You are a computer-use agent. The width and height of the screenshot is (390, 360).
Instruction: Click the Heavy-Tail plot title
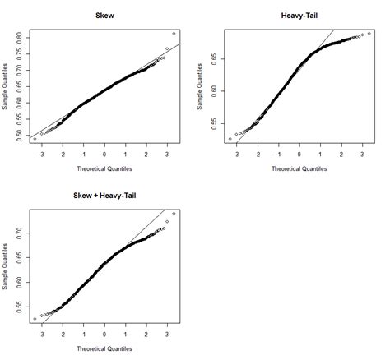click(x=299, y=16)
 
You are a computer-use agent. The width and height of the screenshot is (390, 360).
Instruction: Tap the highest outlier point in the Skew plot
click(x=174, y=34)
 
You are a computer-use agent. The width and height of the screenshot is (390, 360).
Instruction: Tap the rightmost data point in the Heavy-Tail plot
click(x=369, y=34)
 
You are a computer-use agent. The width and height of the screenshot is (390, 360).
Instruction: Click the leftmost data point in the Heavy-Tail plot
click(x=231, y=139)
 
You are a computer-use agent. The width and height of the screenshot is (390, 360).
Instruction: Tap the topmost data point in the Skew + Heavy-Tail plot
click(x=174, y=214)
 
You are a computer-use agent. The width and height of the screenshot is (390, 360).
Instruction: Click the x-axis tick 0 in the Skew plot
click(x=104, y=154)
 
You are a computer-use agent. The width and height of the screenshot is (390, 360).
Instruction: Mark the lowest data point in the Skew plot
click(x=35, y=139)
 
